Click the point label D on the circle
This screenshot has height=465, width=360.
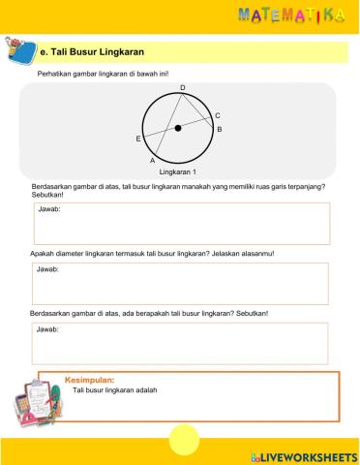pyautogui.click(x=181, y=88)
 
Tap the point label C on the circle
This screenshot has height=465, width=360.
pyautogui.click(x=218, y=115)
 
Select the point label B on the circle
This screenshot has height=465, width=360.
pyautogui.click(x=219, y=129)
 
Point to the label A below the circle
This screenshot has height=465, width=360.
pyautogui.click(x=153, y=161)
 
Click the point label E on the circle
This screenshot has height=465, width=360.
pyautogui.click(x=138, y=139)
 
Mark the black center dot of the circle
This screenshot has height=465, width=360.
pyautogui.click(x=178, y=128)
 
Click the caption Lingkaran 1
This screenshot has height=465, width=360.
pyautogui.click(x=178, y=171)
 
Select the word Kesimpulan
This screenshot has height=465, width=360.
pyautogui.click(x=89, y=380)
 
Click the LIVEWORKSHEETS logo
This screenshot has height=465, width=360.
pyautogui.click(x=303, y=455)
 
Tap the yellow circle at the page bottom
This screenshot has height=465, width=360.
pyautogui.click(x=183, y=442)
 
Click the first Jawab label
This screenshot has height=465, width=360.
pyautogui.click(x=47, y=209)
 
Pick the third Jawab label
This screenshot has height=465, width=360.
pyautogui.click(x=47, y=329)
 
